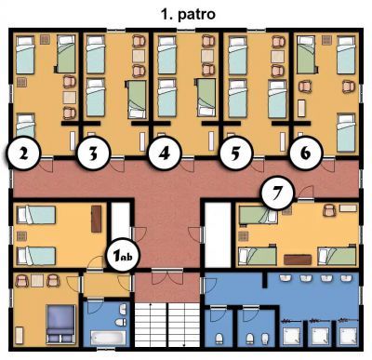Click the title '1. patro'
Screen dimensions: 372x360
tap(188, 14)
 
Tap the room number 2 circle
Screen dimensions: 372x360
tap(24, 153)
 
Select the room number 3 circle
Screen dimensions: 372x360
tap(93, 153)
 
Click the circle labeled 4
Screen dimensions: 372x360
tap(165, 153)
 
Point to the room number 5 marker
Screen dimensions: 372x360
tap(235, 153)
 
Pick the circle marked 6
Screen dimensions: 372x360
tap(306, 153)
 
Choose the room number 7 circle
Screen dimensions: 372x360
tap(277, 193)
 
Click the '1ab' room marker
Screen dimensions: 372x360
tap(124, 255)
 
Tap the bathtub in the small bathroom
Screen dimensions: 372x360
tap(109, 338)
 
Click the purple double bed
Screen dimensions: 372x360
tap(60, 324)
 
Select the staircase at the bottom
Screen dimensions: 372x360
tap(167, 325)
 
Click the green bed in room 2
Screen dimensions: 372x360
tap(66, 54)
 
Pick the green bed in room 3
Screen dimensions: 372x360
tap(136, 100)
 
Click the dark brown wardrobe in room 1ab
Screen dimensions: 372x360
tap(97, 219)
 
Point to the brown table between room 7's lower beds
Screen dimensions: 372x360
tap(298, 260)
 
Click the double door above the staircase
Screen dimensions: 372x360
tap(167, 277)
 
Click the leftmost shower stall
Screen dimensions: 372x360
tap(291, 335)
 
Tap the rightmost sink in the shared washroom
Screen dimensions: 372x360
tap(346, 278)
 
